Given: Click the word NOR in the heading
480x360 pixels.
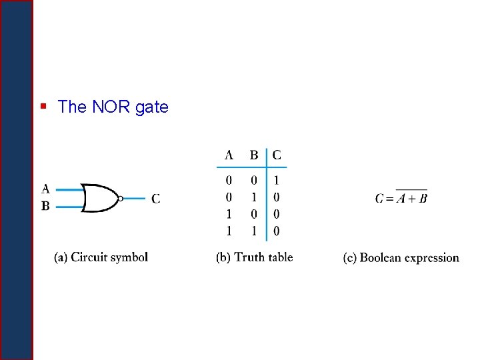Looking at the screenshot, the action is [x=107, y=107].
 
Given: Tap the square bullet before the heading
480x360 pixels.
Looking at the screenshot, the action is [x=43, y=105].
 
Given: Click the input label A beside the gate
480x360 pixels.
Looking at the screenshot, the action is [x=45, y=189].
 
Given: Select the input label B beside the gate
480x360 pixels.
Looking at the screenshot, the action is [x=45, y=206].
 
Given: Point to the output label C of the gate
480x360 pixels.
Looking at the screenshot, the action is [x=155, y=198].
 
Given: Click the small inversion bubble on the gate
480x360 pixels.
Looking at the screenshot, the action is [x=120, y=198].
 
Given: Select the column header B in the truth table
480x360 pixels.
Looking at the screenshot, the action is [x=254, y=155].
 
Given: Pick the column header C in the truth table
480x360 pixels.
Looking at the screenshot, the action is [x=277, y=155].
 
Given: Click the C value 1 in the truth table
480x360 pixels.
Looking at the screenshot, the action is [x=277, y=180].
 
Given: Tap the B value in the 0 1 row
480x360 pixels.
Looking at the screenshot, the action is [x=254, y=197].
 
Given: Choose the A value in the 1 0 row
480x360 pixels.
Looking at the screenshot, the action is [x=229, y=215].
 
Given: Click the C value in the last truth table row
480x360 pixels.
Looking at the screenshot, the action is [x=277, y=231].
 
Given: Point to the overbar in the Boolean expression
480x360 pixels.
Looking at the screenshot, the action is [x=411, y=190].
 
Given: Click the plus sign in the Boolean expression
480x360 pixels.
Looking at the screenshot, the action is [x=411, y=199].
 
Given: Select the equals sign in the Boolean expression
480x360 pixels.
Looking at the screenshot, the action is [x=389, y=199].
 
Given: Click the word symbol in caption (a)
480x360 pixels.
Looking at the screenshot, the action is [x=129, y=257].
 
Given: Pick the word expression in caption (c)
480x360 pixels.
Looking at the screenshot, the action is [x=433, y=258].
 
